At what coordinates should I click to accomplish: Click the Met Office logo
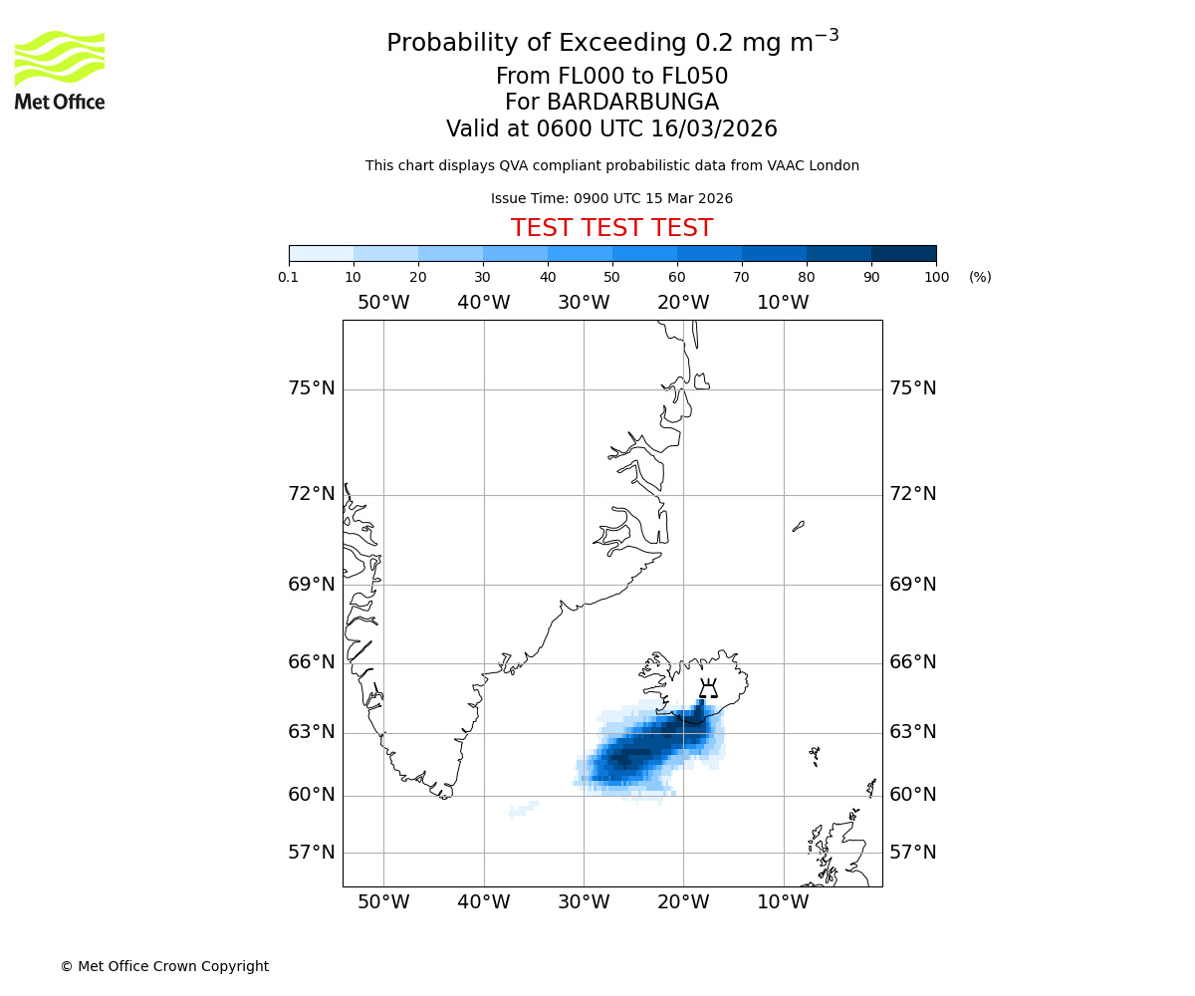(x=60, y=70)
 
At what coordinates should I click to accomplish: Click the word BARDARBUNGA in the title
(x=611, y=103)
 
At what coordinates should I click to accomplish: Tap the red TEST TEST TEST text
(x=611, y=228)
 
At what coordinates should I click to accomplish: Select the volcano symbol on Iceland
(x=708, y=688)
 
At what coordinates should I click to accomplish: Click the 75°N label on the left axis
(x=312, y=388)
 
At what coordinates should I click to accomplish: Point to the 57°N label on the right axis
(x=912, y=853)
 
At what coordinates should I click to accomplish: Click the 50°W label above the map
(x=383, y=303)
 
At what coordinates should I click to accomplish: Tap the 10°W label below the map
(x=783, y=902)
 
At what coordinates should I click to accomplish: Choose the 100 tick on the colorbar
(x=936, y=277)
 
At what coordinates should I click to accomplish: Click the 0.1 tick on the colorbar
(x=289, y=277)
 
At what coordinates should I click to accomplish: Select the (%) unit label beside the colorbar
(x=980, y=277)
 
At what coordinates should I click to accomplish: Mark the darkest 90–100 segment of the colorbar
(x=903, y=253)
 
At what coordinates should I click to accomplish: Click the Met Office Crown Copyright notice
(x=164, y=966)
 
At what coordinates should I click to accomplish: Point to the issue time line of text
(x=611, y=199)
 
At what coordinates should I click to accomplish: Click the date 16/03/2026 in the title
(x=714, y=129)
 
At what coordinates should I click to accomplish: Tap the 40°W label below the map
(x=484, y=902)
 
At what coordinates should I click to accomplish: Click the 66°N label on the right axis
(x=912, y=662)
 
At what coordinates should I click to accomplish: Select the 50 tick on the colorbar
(x=611, y=277)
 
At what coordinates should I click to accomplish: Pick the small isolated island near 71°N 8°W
(x=799, y=526)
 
